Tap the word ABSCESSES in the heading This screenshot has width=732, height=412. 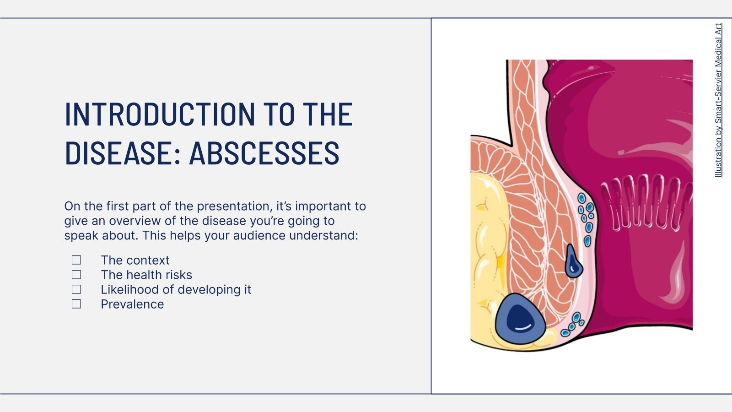(264, 153)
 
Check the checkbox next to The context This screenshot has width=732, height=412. (76, 260)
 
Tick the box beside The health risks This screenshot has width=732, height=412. (76, 275)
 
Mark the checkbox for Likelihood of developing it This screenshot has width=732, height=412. (76, 289)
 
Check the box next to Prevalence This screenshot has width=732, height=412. (76, 304)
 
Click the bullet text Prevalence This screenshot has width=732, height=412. (132, 304)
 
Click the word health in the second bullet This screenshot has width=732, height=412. (145, 275)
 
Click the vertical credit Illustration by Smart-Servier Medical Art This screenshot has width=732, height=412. (718, 101)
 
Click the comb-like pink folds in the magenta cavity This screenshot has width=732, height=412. (645, 201)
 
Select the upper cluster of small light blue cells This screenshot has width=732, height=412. (586, 217)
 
